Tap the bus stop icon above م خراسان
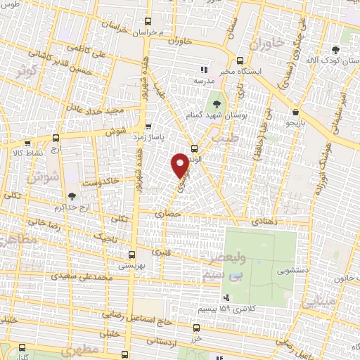pos(147,22)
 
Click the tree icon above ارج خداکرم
pos(72,197)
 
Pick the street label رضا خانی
pos(44,225)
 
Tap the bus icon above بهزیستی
pos(132,255)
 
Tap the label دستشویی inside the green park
pos(291,269)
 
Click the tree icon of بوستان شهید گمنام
pos(215,103)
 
